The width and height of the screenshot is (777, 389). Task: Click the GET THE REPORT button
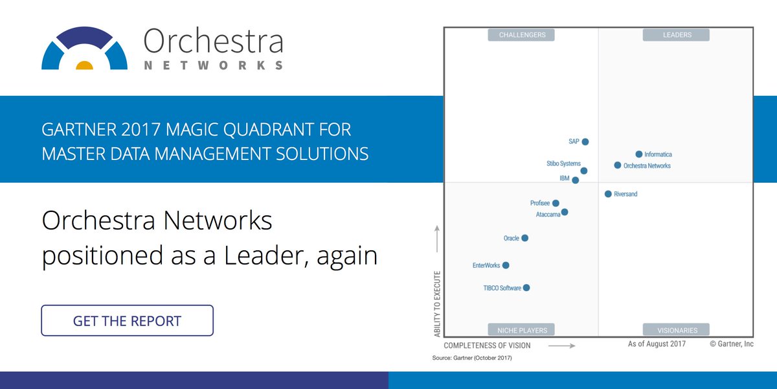127,320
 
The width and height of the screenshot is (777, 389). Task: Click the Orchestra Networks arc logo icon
84,49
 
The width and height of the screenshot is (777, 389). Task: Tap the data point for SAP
585,141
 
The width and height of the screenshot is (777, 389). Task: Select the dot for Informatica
639,154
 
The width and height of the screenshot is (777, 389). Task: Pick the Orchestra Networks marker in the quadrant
618,165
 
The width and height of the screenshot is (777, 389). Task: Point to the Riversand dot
608,194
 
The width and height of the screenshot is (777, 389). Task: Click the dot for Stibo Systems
584,171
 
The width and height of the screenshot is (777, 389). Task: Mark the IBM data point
576,180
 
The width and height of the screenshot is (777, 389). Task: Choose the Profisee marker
556,203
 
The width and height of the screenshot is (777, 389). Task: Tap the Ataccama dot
565,212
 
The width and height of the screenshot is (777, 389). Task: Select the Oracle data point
525,238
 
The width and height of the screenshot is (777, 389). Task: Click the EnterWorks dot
506,265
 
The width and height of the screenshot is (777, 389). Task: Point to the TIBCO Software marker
526,288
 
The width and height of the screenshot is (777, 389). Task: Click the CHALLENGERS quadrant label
522,35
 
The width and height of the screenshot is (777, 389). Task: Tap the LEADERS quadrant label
677,35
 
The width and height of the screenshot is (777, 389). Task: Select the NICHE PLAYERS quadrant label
522,330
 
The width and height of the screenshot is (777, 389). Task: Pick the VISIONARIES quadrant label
676,330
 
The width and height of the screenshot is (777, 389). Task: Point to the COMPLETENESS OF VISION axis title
487,346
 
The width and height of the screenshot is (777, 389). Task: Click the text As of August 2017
657,344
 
